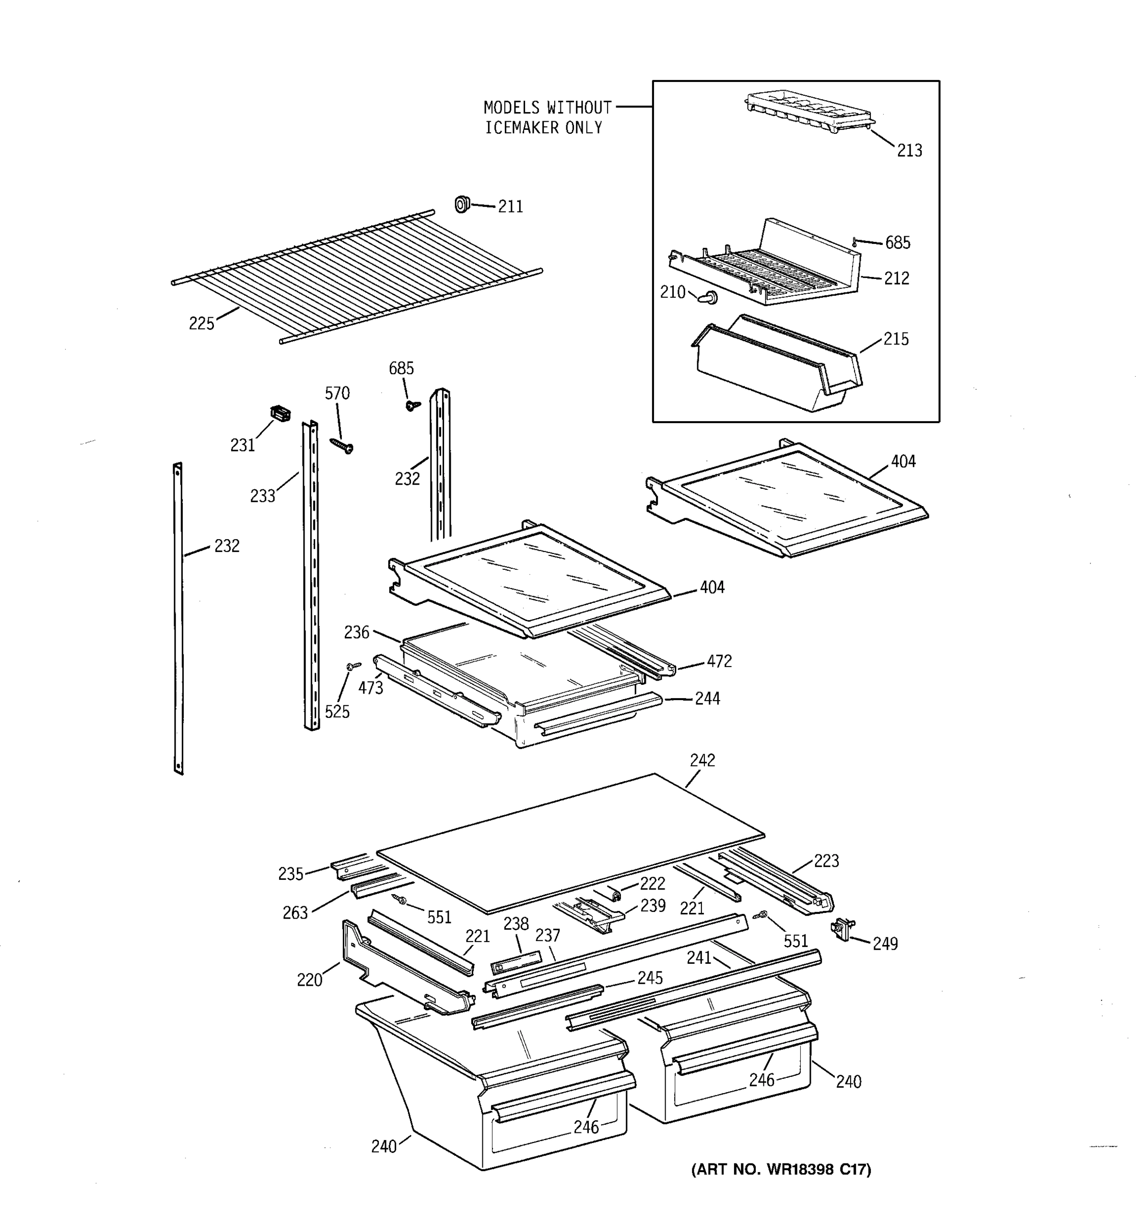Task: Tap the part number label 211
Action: pyautogui.click(x=510, y=207)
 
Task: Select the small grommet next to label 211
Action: pyautogui.click(x=462, y=204)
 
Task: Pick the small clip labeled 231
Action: pyautogui.click(x=280, y=413)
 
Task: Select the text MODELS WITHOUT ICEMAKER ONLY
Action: pyautogui.click(x=547, y=118)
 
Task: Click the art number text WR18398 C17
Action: pyautogui.click(x=781, y=1169)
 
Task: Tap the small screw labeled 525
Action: pyautogui.click(x=353, y=665)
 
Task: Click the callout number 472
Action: pyautogui.click(x=719, y=661)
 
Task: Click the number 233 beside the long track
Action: pyautogui.click(x=262, y=496)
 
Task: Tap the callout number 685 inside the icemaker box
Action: pyautogui.click(x=897, y=243)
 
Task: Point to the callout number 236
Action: pyautogui.click(x=357, y=632)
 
